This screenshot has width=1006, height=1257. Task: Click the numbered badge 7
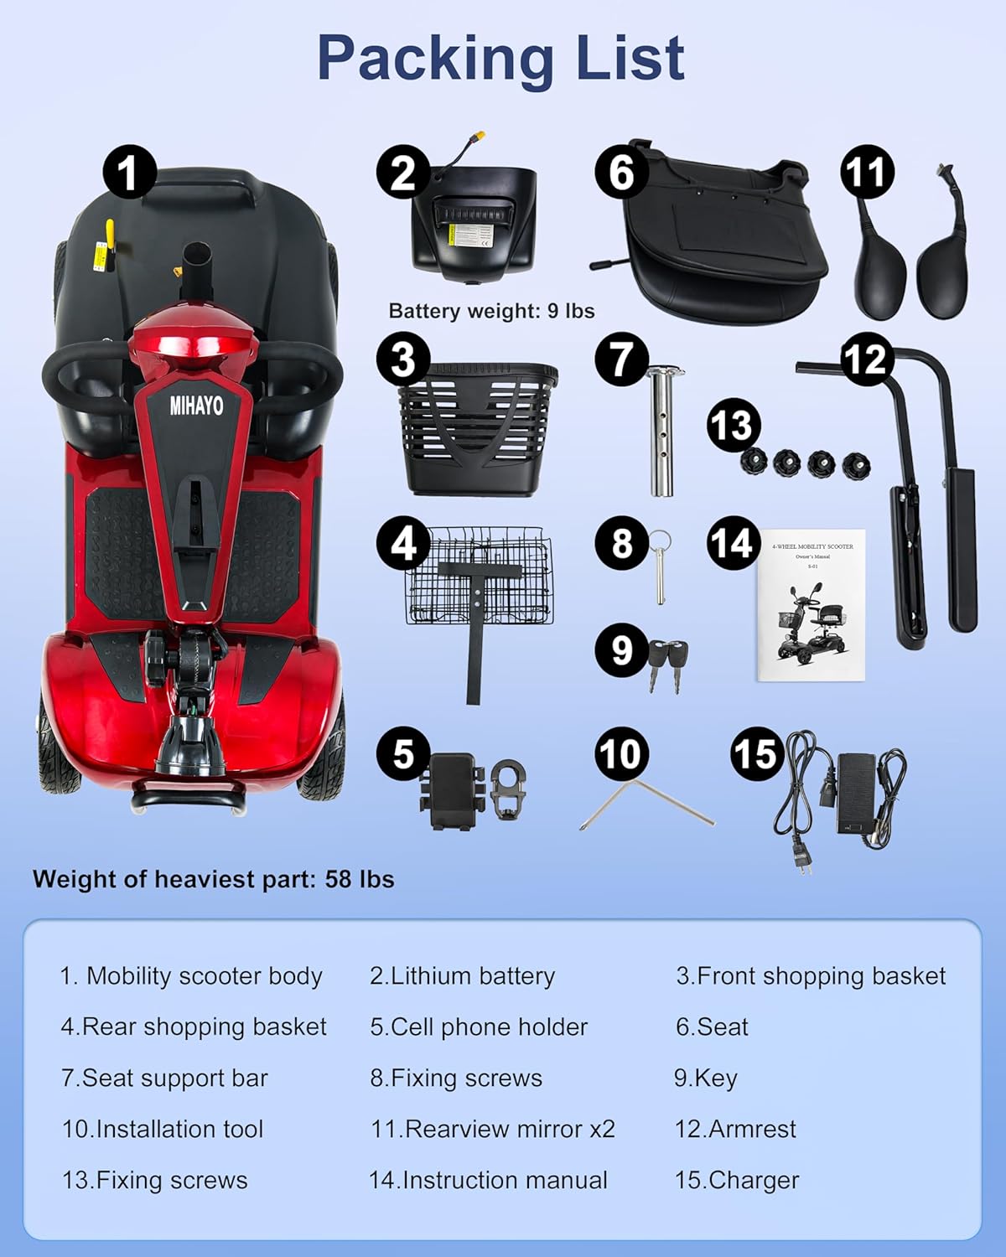click(620, 360)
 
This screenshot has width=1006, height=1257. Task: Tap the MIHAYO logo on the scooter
click(197, 406)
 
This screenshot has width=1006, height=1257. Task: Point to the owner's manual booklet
click(812, 605)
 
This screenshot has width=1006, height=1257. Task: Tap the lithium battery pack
click(474, 222)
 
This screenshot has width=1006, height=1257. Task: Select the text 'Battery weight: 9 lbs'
click(491, 311)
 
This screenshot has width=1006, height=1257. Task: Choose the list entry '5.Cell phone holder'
click(479, 1027)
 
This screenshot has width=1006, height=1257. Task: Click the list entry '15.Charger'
click(736, 1180)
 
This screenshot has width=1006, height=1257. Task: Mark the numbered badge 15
click(756, 753)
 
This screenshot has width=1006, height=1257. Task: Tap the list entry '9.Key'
click(705, 1078)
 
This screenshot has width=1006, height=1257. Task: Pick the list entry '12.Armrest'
click(735, 1129)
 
